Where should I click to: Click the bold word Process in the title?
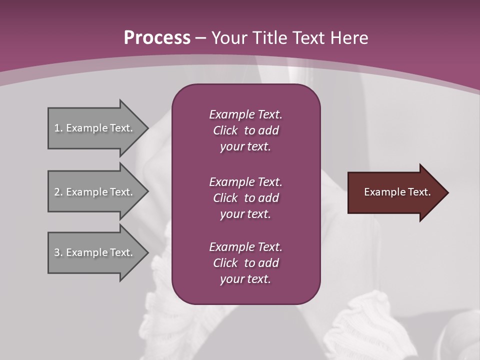157,37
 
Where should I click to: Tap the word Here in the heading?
349,37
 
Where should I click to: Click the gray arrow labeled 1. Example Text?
95,128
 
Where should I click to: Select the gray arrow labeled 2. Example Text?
95,192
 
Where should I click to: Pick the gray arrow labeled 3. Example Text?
95,252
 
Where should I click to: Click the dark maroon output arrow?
395,192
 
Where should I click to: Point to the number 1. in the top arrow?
58,128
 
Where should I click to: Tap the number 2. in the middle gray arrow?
58,192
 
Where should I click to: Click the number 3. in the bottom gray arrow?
58,252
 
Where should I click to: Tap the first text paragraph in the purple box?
245,130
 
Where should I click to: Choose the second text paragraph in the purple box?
245,197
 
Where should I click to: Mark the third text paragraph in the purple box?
245,263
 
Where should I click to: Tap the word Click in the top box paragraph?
225,130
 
